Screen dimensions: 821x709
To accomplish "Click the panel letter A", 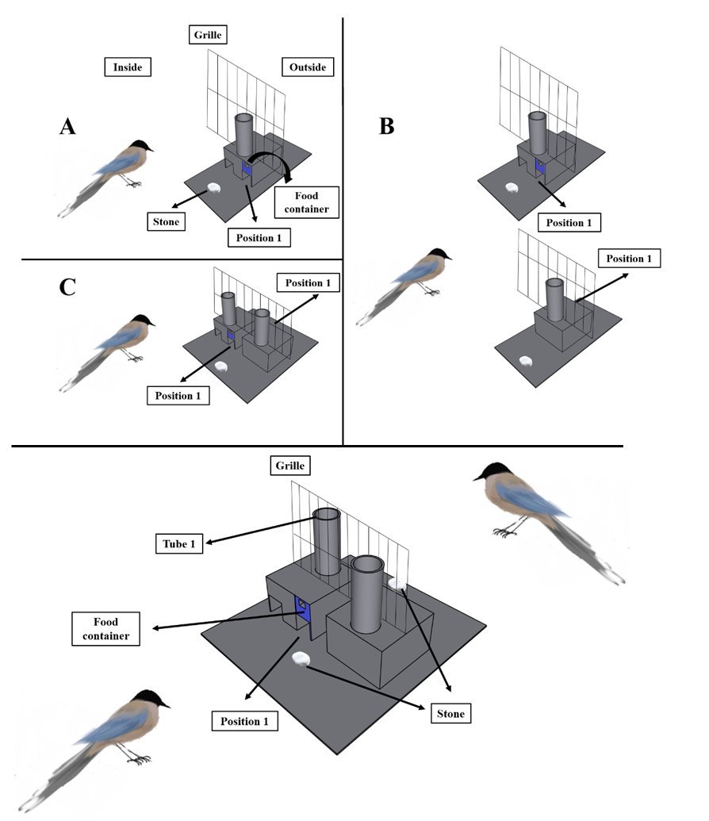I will point(67,126).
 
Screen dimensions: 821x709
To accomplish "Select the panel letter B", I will point(386,126).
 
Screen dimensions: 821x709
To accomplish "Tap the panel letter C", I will point(67,286).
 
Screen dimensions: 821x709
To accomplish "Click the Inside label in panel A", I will point(128,67).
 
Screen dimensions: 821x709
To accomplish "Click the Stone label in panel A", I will point(166,221).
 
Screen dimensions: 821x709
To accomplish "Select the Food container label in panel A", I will point(305,201).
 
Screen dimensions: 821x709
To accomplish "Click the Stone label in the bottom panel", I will point(450,714).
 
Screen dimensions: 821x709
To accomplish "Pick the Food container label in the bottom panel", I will point(105,627).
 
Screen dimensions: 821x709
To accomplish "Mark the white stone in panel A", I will point(214,189).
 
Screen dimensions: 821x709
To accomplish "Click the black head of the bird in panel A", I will point(143,145).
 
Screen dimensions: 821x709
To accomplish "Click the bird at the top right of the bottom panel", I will point(547,516).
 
